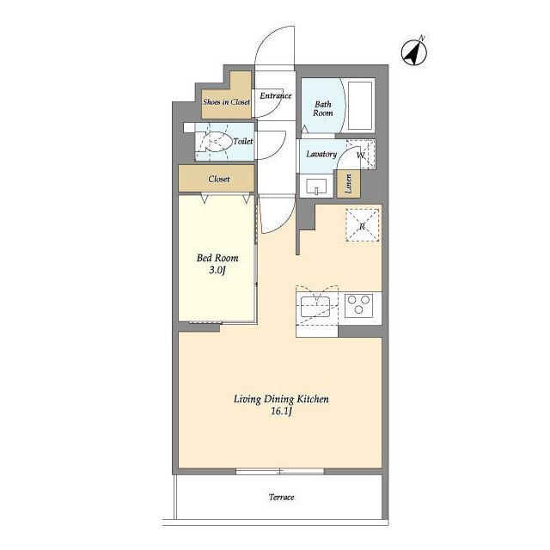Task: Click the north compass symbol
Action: [x=414, y=52]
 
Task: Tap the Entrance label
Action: [x=276, y=95]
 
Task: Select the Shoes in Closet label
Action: [x=226, y=102]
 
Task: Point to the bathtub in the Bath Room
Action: [x=360, y=106]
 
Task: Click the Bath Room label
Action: [x=323, y=109]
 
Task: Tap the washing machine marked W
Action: [x=361, y=155]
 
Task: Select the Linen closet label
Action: [x=349, y=184]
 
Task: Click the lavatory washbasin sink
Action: [x=316, y=186]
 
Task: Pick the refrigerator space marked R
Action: [x=363, y=225]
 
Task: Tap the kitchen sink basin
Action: [x=315, y=306]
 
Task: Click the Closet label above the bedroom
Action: [x=219, y=180]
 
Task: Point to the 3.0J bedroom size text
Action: [x=217, y=270]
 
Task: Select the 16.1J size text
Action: [x=281, y=411]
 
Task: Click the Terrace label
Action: [x=281, y=497]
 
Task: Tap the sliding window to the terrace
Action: [x=280, y=472]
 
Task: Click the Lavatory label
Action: [x=321, y=154]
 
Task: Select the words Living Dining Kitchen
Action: [x=281, y=399]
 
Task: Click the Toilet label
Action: [x=242, y=141]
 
